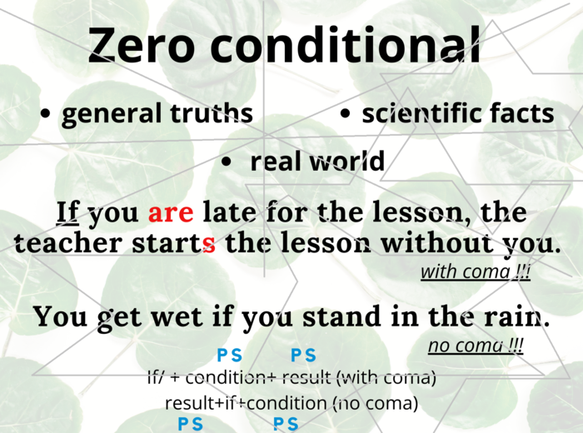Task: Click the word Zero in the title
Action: (142, 45)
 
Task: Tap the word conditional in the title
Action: (345, 45)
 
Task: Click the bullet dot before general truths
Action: (45, 114)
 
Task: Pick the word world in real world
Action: (346, 161)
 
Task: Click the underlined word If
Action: (67, 212)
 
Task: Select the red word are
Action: (170, 213)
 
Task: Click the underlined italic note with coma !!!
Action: (475, 271)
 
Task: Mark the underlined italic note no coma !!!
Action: (476, 346)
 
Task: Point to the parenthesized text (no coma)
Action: (375, 403)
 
